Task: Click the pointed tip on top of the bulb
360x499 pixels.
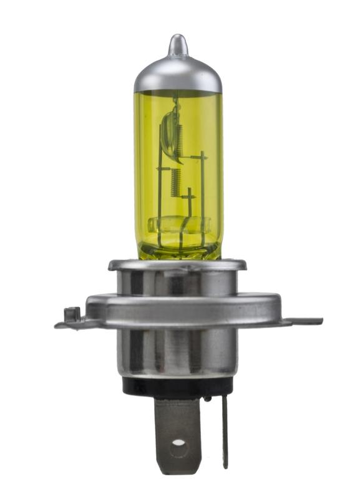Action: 178,42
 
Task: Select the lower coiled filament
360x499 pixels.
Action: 176,183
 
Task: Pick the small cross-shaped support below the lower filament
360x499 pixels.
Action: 188,200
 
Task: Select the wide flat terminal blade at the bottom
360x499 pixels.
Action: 178,430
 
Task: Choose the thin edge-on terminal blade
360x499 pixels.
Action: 225,430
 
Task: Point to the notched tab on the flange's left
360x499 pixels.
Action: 71,316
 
